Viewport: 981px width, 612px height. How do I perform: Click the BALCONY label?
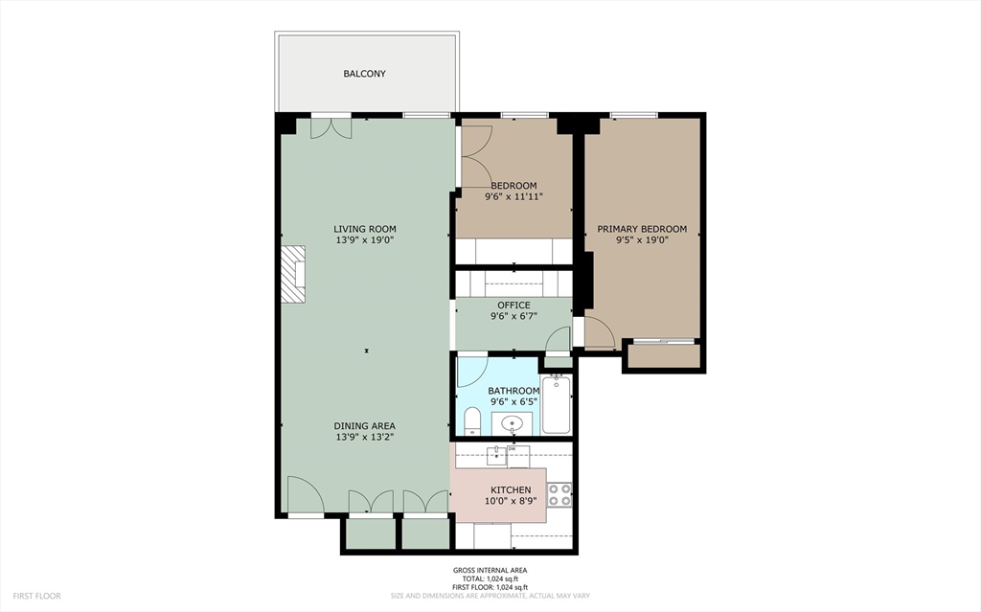[x=364, y=74]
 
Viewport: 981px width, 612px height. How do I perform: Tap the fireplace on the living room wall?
[x=293, y=275]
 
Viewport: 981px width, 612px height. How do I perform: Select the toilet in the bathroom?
[x=472, y=420]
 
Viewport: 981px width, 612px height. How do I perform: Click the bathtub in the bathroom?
[x=557, y=404]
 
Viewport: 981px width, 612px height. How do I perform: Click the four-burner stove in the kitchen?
[x=559, y=494]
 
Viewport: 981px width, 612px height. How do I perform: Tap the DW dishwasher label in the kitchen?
[x=512, y=448]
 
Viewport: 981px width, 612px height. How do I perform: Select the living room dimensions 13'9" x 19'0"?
[x=365, y=239]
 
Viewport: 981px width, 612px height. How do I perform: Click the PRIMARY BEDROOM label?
[x=642, y=229]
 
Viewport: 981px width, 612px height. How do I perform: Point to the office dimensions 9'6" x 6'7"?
[x=513, y=317]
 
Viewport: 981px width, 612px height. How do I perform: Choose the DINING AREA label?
[x=364, y=426]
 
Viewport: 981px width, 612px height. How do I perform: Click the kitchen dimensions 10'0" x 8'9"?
[x=511, y=501]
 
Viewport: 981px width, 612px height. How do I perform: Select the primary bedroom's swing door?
[x=599, y=331]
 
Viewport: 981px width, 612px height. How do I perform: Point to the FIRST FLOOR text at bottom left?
[x=37, y=597]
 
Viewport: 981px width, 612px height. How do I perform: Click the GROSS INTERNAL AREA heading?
[x=490, y=570]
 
